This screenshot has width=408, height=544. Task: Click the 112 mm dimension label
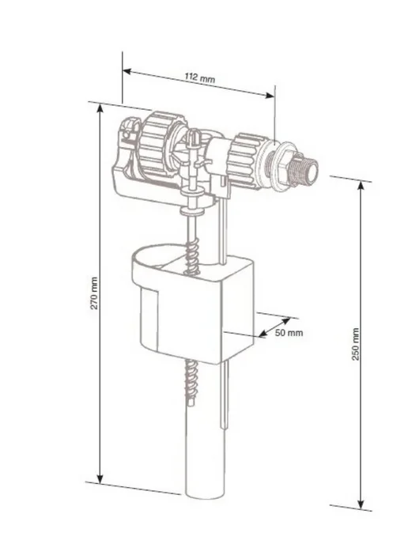(199, 77)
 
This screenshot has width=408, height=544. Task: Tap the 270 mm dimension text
(94, 293)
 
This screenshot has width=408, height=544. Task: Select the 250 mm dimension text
(356, 344)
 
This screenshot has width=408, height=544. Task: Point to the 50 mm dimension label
(289, 333)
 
